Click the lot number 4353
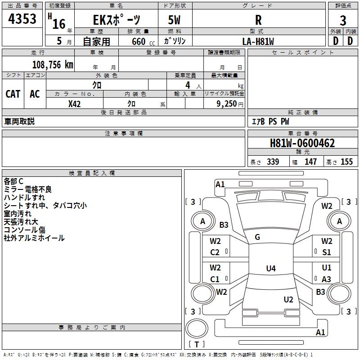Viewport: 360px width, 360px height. (x=22, y=19)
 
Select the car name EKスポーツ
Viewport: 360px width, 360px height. (x=117, y=20)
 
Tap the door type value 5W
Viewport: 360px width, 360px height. (x=175, y=20)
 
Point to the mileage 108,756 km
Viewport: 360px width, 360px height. (x=53, y=64)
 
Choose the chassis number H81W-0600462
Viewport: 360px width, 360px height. (x=302, y=143)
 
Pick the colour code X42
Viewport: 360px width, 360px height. (x=74, y=103)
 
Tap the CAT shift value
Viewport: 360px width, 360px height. (x=13, y=94)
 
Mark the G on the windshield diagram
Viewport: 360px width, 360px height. (x=257, y=237)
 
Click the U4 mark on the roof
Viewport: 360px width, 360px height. (x=270, y=269)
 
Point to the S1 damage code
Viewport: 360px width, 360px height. (x=327, y=252)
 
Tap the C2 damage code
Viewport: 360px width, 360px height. (x=215, y=252)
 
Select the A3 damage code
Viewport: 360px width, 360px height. (x=327, y=279)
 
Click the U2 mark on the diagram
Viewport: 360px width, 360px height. (x=288, y=300)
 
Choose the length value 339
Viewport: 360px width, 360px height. (x=273, y=162)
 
